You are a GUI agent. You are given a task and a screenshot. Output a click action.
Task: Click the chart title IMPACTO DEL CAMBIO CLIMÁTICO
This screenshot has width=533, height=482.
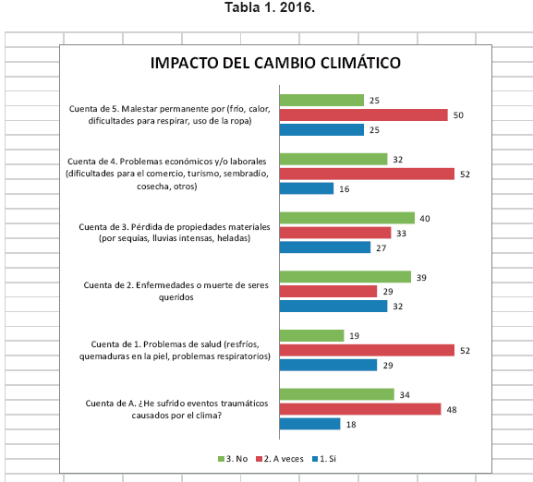pos(275,63)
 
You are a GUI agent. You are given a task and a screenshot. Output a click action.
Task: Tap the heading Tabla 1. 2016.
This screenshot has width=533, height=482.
pos(270,7)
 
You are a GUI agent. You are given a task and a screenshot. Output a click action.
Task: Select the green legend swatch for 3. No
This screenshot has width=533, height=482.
pos(221,459)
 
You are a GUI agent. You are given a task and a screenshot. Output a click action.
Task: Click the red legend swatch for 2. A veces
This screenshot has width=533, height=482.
pos(259,459)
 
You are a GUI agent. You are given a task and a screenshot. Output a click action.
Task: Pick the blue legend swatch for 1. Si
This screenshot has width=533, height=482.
pos(315,459)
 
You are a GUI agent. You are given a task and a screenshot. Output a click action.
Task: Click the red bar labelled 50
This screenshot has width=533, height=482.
pos(364,115)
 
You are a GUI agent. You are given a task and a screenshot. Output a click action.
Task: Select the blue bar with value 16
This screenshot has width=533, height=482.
pos(307,188)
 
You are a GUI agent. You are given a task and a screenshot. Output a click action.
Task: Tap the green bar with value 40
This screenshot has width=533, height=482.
pos(347,218)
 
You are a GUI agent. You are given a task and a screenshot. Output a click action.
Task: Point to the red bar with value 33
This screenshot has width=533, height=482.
pos(335,233)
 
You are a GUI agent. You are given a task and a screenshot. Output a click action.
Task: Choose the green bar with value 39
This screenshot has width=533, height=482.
pos(345,277)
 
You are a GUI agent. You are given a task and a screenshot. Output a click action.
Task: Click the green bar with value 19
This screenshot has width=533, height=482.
pos(311,335)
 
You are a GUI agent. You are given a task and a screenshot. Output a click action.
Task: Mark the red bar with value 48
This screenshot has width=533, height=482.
pos(360,409)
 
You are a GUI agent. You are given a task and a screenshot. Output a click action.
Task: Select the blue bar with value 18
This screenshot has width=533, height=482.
pos(310,424)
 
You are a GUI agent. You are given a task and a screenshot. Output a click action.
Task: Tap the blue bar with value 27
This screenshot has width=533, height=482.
pos(325,247)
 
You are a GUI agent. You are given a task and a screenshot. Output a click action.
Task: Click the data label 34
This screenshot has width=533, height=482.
pos(405,395)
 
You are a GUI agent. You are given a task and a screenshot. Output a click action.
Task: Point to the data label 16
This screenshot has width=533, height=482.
pos(344,189)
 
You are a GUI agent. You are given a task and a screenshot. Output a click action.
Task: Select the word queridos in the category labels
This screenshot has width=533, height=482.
pos(176,297)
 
